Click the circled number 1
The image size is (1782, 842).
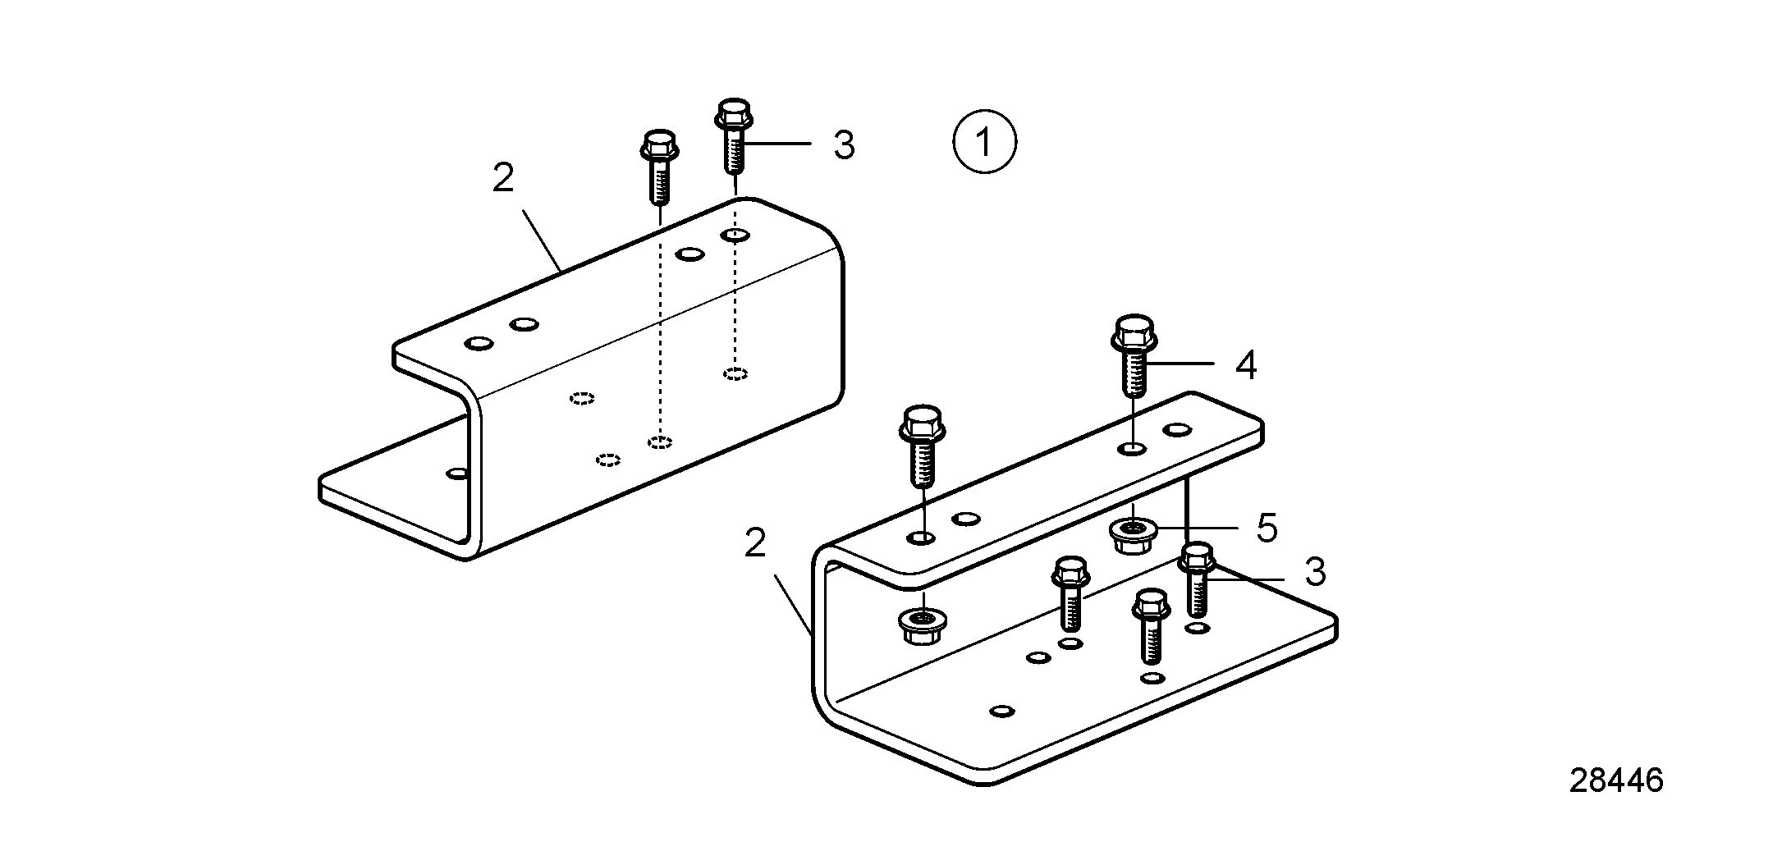click(x=984, y=142)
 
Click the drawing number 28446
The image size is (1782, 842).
click(x=1616, y=780)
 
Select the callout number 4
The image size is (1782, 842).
click(x=1246, y=365)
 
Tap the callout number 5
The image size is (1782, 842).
click(x=1267, y=529)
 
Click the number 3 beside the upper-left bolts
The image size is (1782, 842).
click(x=844, y=146)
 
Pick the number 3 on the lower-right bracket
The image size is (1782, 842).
click(x=1315, y=572)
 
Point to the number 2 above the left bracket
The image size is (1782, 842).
click(x=502, y=178)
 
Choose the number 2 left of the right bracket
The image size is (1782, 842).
click(x=754, y=543)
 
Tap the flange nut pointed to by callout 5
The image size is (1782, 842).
click(x=1134, y=536)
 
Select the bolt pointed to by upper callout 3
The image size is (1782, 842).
click(x=734, y=135)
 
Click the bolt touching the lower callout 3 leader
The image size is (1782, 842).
click(x=1198, y=579)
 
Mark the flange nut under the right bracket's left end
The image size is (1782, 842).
click(x=923, y=625)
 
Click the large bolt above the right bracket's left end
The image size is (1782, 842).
click(x=923, y=446)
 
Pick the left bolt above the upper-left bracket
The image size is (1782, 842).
click(x=658, y=167)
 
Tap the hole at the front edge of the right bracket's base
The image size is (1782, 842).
click(x=1001, y=711)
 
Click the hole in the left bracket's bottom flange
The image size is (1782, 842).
click(x=456, y=473)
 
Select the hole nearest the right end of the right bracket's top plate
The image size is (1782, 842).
click(x=1178, y=430)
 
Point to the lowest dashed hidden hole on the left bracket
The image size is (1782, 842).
click(x=607, y=460)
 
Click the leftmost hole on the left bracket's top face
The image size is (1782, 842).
click(x=478, y=342)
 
